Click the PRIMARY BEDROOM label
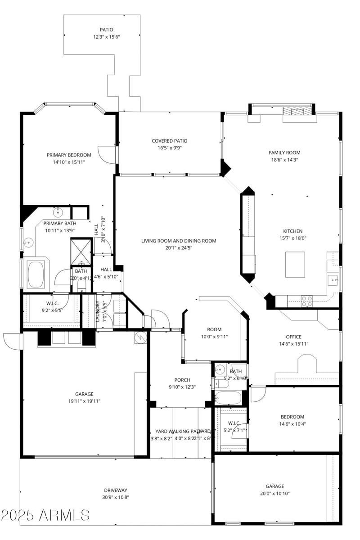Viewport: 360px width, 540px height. pyautogui.click(x=69, y=155)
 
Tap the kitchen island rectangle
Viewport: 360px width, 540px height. pyautogui.click(x=295, y=265)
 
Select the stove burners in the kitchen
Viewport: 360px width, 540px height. pyautogui.click(x=306, y=301)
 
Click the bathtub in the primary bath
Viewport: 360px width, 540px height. pyautogui.click(x=36, y=274)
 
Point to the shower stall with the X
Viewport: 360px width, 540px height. pyautogui.click(x=81, y=253)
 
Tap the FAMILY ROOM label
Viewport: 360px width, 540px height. pyautogui.click(x=284, y=153)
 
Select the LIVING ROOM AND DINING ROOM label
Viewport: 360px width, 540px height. pyautogui.click(x=179, y=241)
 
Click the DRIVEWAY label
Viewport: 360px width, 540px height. pyautogui.click(x=116, y=490)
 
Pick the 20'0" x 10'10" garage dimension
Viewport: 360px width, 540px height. pyautogui.click(x=274, y=494)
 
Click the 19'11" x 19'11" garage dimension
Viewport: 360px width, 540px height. pyautogui.click(x=84, y=401)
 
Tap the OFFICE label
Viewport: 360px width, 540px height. pyautogui.click(x=293, y=337)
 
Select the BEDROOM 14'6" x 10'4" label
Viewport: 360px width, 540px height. pyautogui.click(x=292, y=417)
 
